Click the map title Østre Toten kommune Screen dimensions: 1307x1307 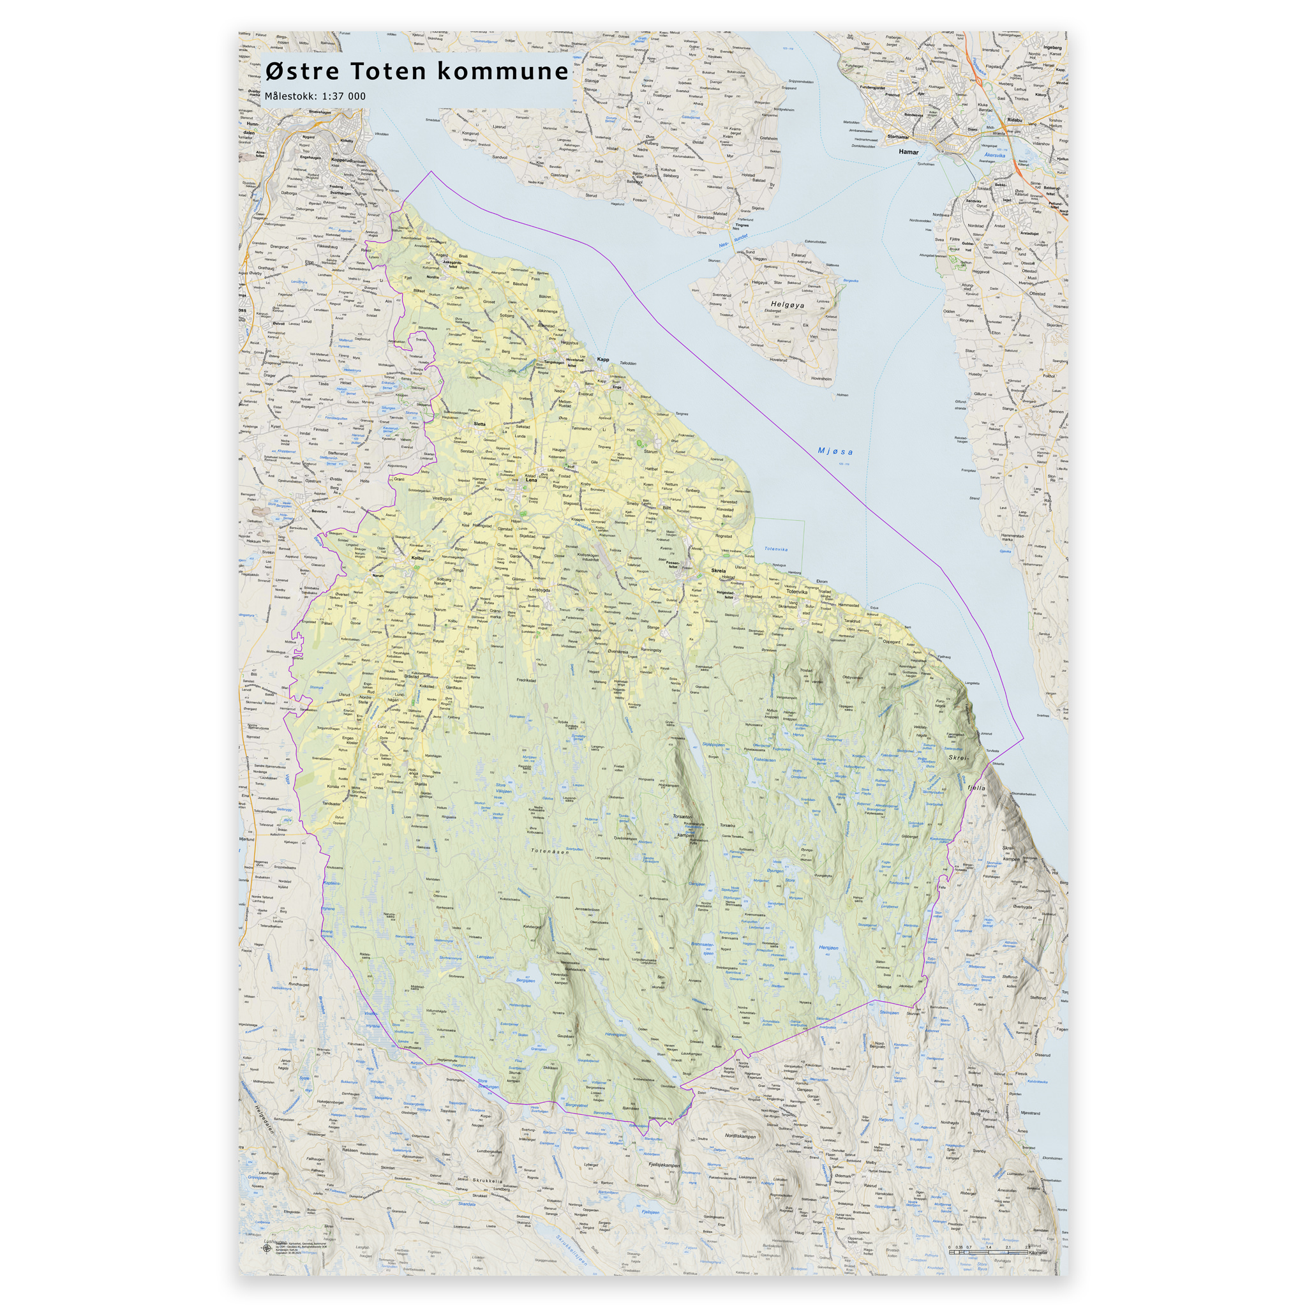[x=417, y=71]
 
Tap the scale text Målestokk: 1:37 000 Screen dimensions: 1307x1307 [x=315, y=96]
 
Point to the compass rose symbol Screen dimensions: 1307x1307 [x=266, y=1249]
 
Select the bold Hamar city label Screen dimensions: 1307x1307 [x=909, y=151]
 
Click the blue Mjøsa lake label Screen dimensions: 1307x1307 [x=835, y=451]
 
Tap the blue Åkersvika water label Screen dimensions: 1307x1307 [x=994, y=156]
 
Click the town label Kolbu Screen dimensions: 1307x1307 [x=417, y=558]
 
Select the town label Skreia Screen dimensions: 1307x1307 [x=718, y=571]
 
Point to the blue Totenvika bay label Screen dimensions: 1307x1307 [x=776, y=549]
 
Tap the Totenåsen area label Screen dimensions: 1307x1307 [x=550, y=851]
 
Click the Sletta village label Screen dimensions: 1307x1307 [x=479, y=424]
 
